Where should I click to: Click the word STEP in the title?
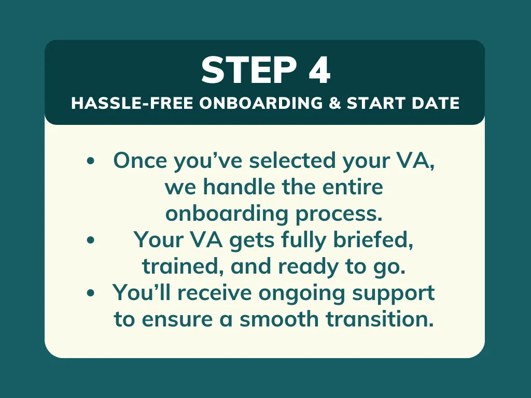(249, 70)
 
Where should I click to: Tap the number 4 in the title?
(319, 70)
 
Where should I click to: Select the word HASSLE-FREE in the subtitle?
(132, 103)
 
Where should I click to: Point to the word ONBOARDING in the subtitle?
(261, 103)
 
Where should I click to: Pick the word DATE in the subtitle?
(436, 103)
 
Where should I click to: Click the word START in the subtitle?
(376, 103)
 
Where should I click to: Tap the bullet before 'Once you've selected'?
(90, 161)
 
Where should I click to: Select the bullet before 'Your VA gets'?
(90, 240)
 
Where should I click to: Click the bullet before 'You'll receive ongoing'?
(90, 293)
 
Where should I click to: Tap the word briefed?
(373, 240)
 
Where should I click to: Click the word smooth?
(279, 319)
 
